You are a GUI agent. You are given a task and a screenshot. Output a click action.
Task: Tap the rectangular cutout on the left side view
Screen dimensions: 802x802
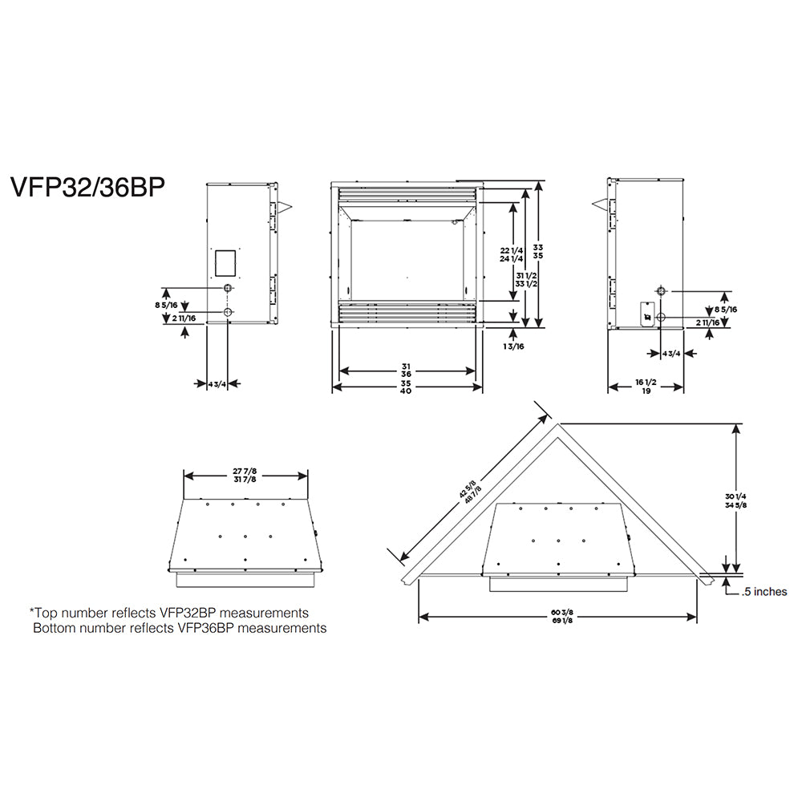click(x=225, y=261)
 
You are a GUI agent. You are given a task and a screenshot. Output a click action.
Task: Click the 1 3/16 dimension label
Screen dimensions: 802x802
click(x=513, y=346)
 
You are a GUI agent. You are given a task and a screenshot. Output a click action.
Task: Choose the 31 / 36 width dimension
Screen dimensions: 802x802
click(x=407, y=371)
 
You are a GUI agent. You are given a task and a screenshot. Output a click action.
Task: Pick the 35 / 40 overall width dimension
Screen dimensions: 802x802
click(x=407, y=387)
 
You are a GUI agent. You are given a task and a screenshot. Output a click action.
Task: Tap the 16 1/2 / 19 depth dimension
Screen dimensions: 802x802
click(x=646, y=387)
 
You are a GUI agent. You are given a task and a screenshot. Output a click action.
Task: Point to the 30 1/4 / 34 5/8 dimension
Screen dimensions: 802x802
click(x=731, y=501)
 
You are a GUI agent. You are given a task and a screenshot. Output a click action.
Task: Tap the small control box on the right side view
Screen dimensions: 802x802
click(x=646, y=314)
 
